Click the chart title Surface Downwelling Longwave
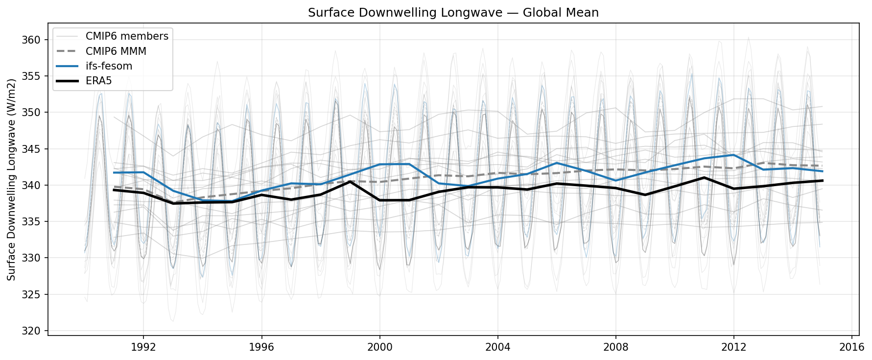[453, 13]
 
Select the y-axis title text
[12, 179]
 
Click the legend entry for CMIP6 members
[127, 36]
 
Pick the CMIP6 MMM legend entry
[116, 51]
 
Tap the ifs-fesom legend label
[109, 66]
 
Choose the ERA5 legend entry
[98, 81]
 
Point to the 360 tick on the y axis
[32, 40]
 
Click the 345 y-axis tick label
[32, 149]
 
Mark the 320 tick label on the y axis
[32, 331]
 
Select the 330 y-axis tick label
[32, 258]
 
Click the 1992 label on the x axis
[143, 347]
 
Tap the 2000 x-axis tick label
[379, 347]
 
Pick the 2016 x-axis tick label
[852, 347]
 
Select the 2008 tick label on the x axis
[615, 347]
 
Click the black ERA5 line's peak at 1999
[350, 181]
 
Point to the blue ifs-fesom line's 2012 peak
[733, 155]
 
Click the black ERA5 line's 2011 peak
[704, 177]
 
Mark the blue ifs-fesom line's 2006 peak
[557, 163]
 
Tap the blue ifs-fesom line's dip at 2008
[615, 181]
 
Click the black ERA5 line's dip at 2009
[645, 195]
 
